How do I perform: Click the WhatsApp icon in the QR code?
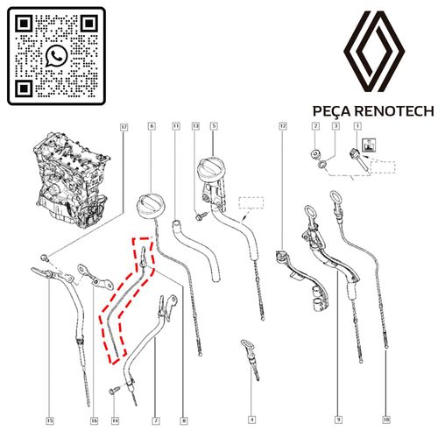pos(56,56)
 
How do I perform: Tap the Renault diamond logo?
pos(374,52)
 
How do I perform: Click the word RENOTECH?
pos(395,111)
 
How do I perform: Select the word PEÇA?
pos(331,112)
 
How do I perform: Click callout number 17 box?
pos(124,127)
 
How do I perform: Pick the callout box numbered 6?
pos(152,126)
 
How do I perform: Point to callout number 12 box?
pos(283,126)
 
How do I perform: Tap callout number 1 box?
pos(357,126)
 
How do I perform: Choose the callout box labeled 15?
pos(50,420)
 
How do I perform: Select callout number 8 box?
pos(184,420)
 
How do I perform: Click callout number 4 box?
pos(251,420)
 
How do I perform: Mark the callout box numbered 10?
pos(386,420)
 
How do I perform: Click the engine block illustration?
pos(73,180)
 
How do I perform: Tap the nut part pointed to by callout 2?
pos(314,154)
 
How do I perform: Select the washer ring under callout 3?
pos(321,165)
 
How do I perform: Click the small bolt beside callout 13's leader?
pos(201,215)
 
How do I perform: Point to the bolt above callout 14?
pos(114,391)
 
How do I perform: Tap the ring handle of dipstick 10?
pos(334,197)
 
